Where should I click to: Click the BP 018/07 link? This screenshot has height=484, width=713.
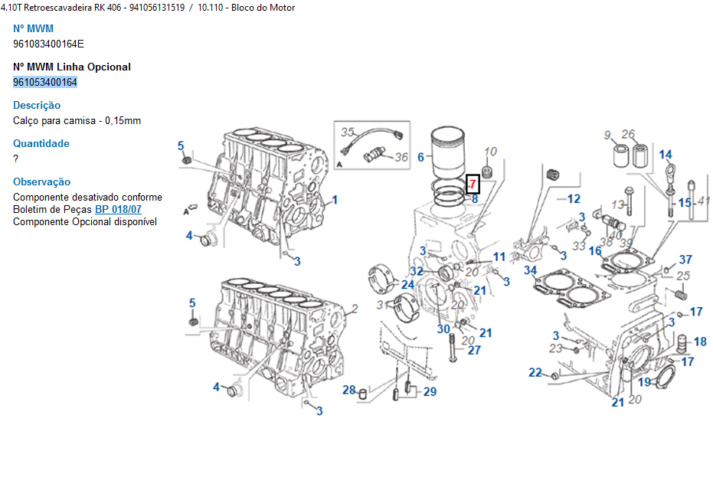118,209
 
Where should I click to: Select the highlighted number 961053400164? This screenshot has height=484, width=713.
45,82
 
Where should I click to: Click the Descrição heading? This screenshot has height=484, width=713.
37,105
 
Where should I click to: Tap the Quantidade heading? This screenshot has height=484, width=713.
41,143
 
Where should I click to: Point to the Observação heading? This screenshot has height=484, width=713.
42,181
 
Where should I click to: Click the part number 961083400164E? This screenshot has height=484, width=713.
48,44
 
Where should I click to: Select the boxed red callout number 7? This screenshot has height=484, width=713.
473,184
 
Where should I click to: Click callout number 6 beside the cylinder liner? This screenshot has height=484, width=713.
420,157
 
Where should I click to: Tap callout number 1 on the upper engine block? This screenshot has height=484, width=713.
335,201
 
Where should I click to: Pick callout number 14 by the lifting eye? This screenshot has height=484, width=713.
666,155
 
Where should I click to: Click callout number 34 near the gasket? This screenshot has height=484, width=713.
530,270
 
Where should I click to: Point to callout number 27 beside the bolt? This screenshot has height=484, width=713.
475,350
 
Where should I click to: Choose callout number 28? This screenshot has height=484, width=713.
349,391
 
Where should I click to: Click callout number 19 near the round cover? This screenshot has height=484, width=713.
645,381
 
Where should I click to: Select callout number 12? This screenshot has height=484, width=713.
574,199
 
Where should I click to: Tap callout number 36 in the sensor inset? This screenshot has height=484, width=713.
401,158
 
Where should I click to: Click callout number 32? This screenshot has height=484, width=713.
417,271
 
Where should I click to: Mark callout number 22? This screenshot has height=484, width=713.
535,373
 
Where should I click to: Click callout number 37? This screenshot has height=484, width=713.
685,260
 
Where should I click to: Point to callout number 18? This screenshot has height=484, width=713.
700,342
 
